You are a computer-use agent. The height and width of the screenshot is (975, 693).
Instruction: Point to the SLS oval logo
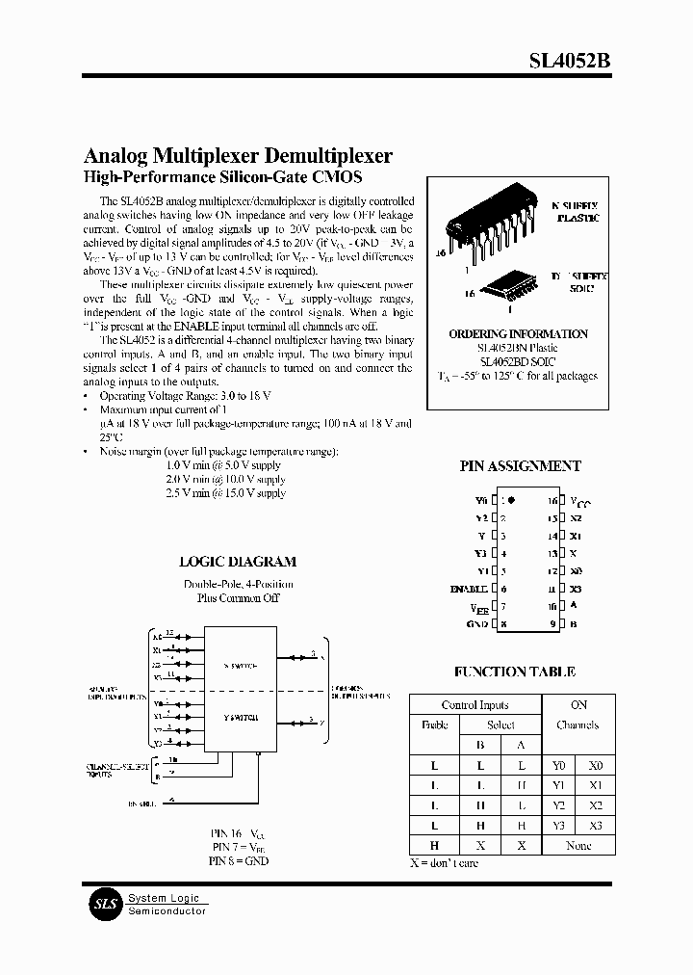tap(105, 903)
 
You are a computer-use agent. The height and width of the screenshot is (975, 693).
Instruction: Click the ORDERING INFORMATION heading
tap(518, 334)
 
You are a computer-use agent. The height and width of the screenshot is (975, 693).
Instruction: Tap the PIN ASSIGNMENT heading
tap(520, 466)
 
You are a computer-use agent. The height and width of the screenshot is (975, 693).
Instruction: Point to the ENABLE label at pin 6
tap(470, 589)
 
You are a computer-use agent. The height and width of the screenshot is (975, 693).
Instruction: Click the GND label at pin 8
tap(477, 624)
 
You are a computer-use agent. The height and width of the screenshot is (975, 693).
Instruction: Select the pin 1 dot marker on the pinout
tap(511, 501)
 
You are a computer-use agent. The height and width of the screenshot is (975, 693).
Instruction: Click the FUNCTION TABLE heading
tap(515, 672)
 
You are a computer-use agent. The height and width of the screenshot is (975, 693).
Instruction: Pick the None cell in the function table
tap(578, 845)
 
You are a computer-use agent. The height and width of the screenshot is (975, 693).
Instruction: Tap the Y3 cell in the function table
tap(558, 826)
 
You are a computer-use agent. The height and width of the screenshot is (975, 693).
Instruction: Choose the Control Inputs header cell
tap(475, 705)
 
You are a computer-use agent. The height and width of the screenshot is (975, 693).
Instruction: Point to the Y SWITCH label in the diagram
tap(239, 719)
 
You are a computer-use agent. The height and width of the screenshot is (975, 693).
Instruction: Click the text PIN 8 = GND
tap(240, 860)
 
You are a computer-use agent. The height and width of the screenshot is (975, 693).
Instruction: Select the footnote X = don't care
tap(444, 863)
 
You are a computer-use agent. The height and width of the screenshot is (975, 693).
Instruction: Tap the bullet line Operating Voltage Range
tap(164, 396)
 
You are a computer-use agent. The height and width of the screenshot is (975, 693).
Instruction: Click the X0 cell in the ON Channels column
tap(596, 765)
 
